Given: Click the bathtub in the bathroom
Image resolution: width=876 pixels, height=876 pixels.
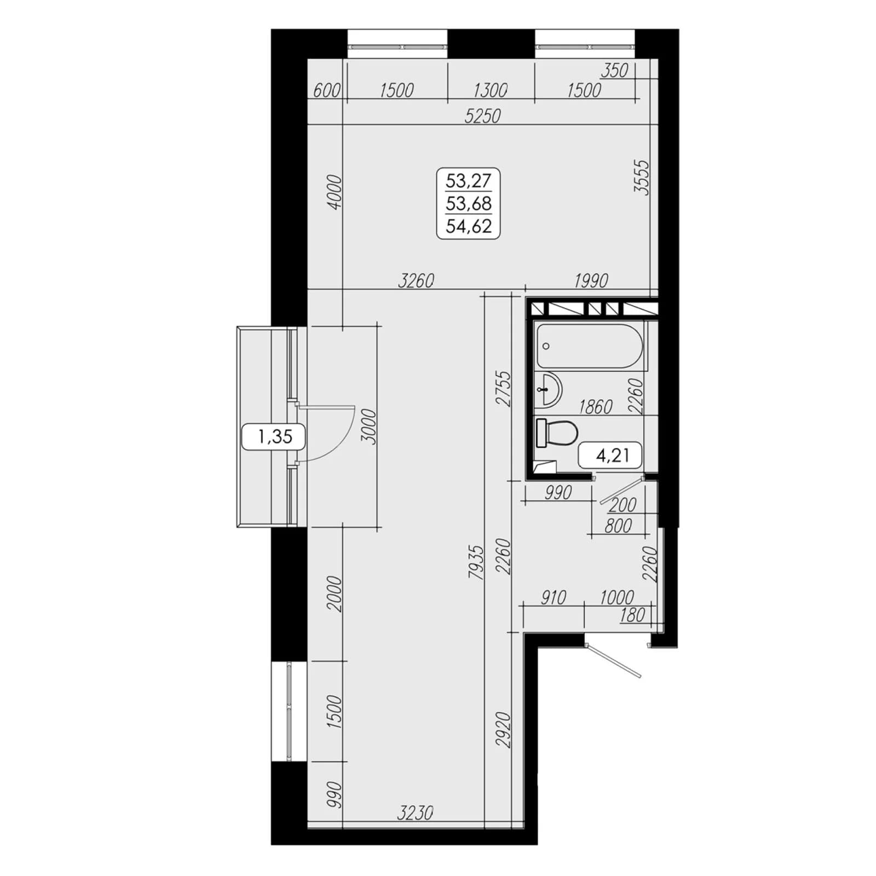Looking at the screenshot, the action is pos(590,346).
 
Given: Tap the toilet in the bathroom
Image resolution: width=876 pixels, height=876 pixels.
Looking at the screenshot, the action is pos(557,433).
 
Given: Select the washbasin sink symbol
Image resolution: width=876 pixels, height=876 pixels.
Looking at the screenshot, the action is pos(547,390).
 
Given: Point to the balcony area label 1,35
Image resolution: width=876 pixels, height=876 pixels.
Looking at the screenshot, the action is pos(275,436).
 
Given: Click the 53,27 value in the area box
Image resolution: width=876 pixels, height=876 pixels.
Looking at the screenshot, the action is pos(469,180).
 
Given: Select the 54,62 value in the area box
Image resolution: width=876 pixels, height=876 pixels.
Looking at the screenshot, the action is pos(469,226).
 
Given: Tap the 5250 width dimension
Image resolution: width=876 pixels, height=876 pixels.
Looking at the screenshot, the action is pos(482,116).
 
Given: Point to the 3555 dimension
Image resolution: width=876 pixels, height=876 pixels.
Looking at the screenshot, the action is pos(641,177).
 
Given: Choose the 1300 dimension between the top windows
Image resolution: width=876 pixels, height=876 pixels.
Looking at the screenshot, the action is pos(490,90).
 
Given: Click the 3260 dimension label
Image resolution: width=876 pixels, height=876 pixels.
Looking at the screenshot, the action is pos(416,280).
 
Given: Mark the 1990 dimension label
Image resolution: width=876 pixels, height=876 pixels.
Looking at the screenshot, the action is pos(591,280).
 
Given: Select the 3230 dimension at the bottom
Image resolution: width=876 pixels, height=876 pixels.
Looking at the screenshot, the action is pos(416,812).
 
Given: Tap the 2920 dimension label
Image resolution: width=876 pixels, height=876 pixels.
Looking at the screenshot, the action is pos(503,730).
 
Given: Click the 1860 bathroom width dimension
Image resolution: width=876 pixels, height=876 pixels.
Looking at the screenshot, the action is pos(596,407).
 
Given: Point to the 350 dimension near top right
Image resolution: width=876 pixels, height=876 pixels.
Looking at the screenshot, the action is pos(614,71).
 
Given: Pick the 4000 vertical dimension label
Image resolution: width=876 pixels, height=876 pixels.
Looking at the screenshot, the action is pos(334,192).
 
